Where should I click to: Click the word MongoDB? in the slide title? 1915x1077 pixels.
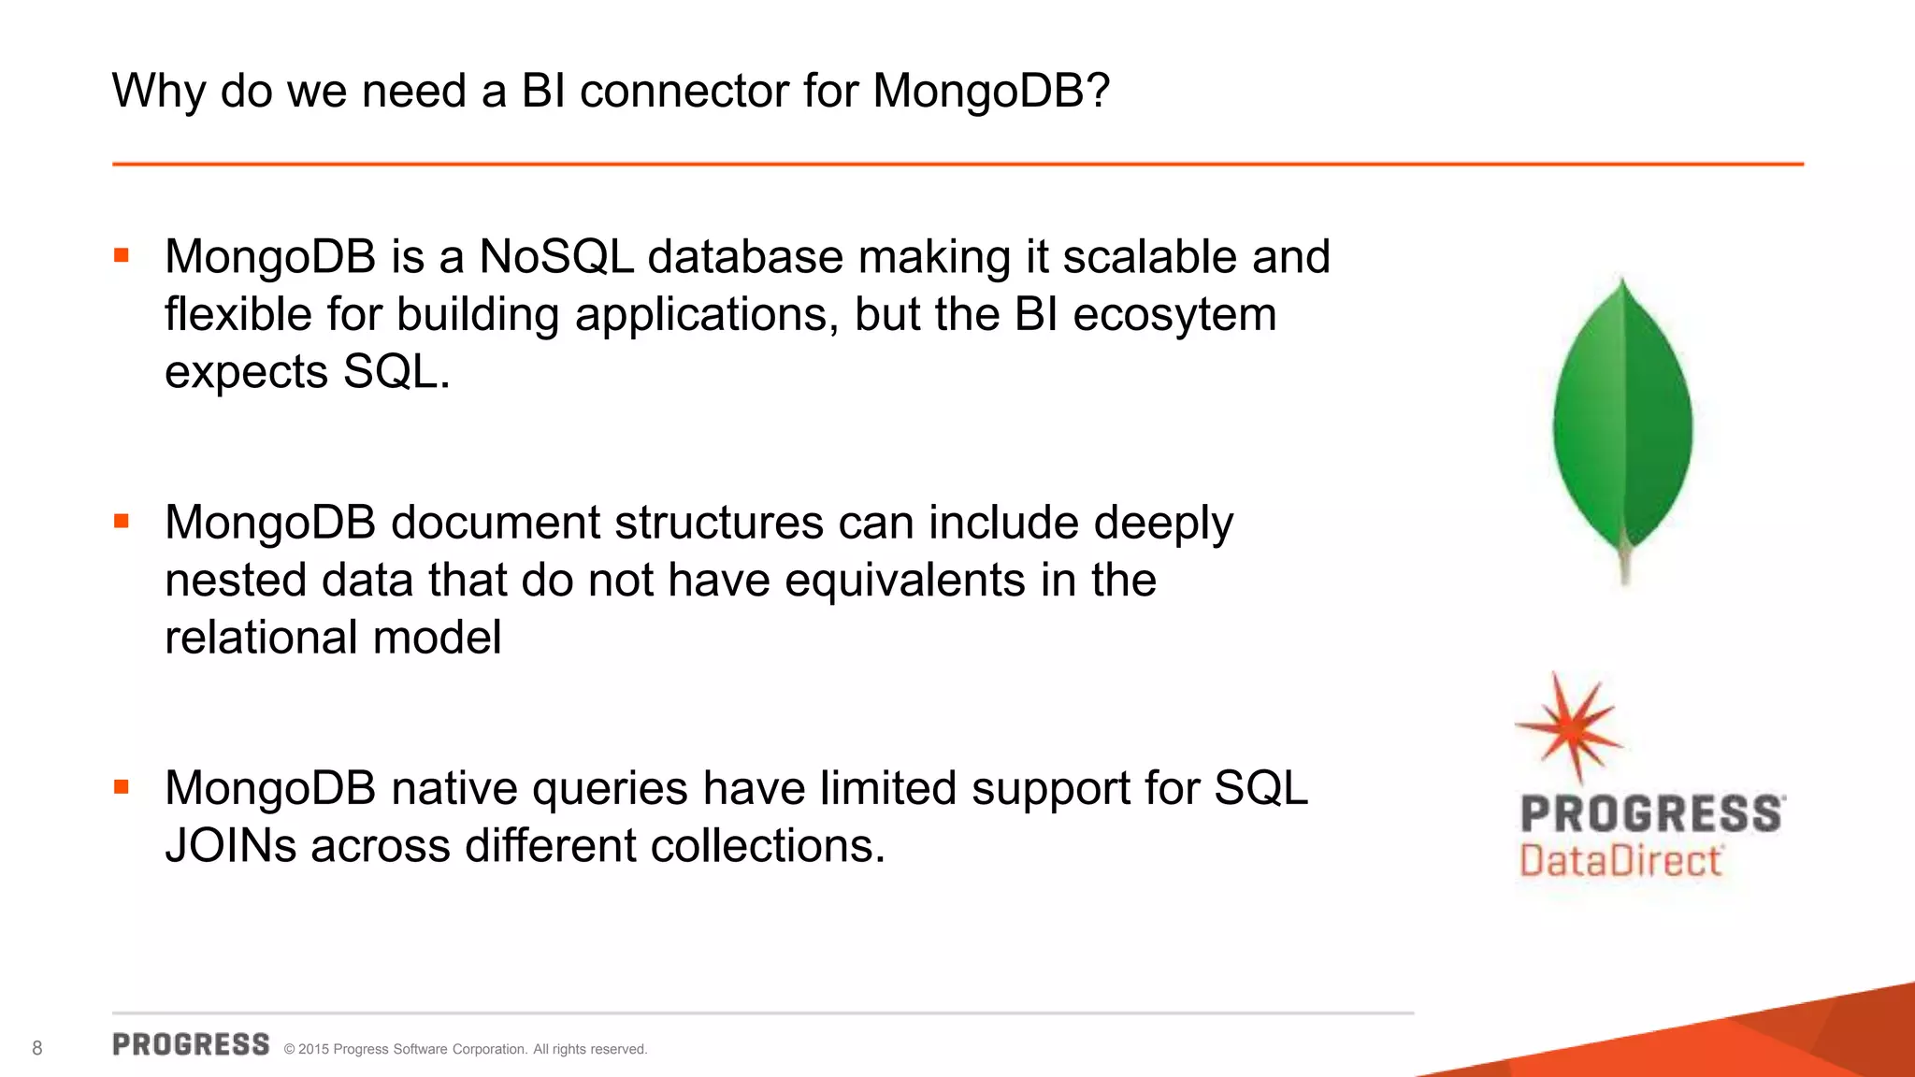(991, 92)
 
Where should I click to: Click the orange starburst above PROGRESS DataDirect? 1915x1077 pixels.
(1572, 726)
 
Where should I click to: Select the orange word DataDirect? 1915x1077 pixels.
(1620, 861)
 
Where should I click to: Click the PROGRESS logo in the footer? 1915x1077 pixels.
(191, 1044)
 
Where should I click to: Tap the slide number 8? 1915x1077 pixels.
(37, 1048)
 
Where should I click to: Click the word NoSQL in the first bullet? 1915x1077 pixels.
(556, 257)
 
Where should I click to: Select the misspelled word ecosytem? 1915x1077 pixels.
(1174, 315)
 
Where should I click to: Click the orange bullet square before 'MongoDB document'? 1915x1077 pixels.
(122, 521)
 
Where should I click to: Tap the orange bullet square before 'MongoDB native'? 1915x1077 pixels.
(122, 787)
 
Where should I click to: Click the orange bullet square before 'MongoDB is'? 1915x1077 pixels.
(122, 255)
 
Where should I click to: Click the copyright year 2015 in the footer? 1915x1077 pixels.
(313, 1050)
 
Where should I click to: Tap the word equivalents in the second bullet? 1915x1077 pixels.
(905, 581)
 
